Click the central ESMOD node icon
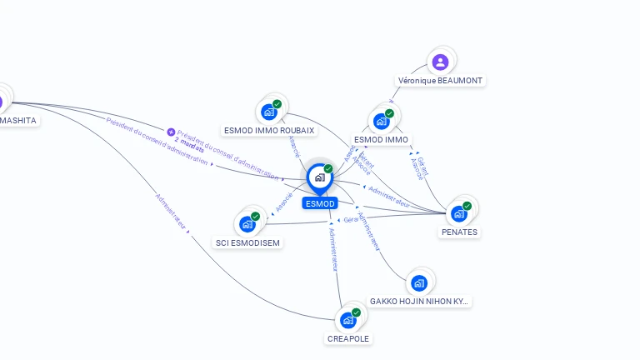[319, 177]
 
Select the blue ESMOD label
[320, 204]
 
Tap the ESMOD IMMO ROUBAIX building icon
[268, 111]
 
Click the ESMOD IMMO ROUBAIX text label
[269, 131]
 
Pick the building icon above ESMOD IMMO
[381, 121]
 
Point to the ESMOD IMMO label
[381, 140]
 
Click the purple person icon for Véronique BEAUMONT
[441, 62]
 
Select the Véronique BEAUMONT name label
[440, 81]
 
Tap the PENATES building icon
[458, 213]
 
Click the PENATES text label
[459, 232]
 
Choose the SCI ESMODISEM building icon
[247, 223]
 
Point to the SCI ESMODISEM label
[247, 243]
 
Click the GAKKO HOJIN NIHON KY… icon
[419, 282]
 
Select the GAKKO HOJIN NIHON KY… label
[419, 302]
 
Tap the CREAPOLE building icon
[347, 320]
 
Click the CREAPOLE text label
[348, 339]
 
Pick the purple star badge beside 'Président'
[171, 132]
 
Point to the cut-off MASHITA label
[18, 121]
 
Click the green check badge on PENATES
[467, 206]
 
